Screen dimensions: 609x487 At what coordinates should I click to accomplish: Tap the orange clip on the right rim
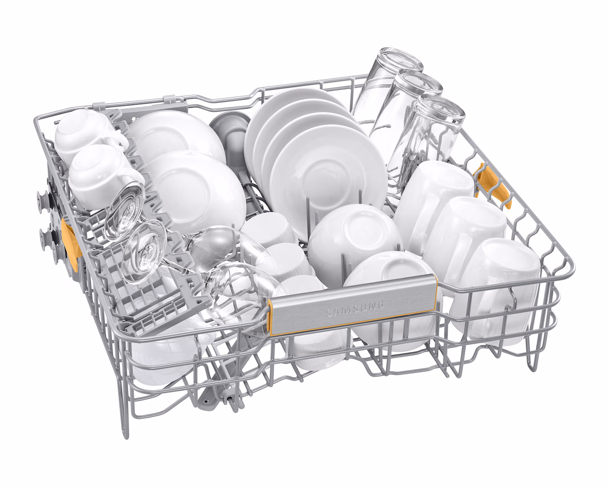(x=492, y=187)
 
